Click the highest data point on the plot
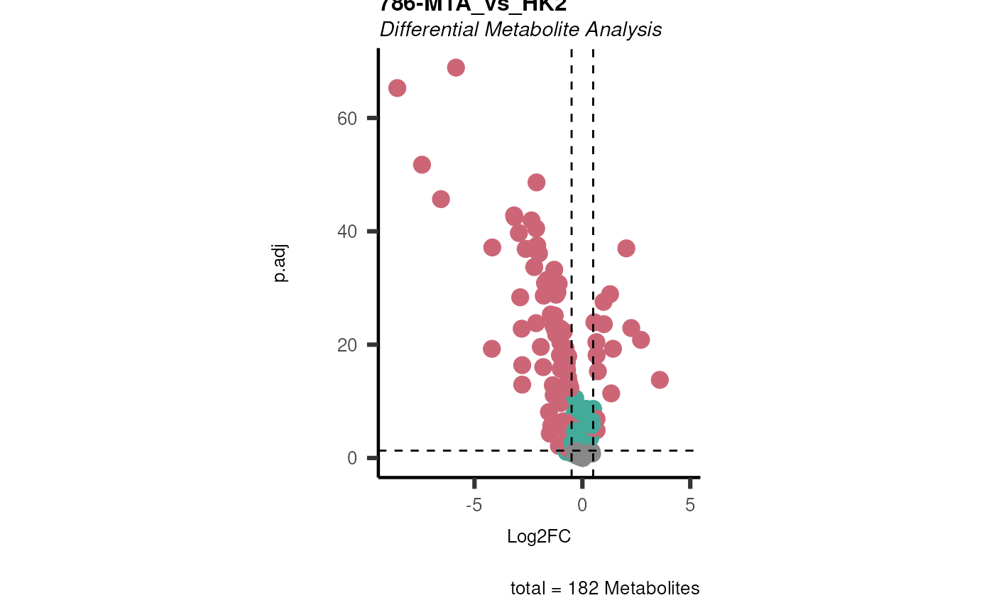456,67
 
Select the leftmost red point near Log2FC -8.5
397,88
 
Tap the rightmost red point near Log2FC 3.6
660,380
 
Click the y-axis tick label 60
347,118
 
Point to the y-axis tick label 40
347,232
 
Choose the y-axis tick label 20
347,345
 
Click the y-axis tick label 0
352,458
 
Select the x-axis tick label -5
474,505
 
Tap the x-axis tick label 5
690,505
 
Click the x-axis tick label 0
582,505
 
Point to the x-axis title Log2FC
539,537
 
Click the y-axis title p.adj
280,263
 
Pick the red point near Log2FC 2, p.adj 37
626,248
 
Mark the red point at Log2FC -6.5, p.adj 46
441,199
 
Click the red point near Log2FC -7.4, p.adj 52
422,165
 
